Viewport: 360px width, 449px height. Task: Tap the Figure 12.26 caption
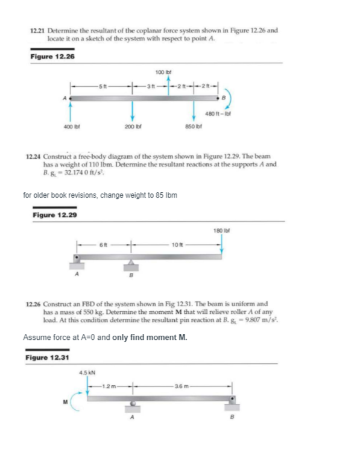[x=52, y=57]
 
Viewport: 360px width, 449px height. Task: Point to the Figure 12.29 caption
[x=54, y=215]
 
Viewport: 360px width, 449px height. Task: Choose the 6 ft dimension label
[x=104, y=244]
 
